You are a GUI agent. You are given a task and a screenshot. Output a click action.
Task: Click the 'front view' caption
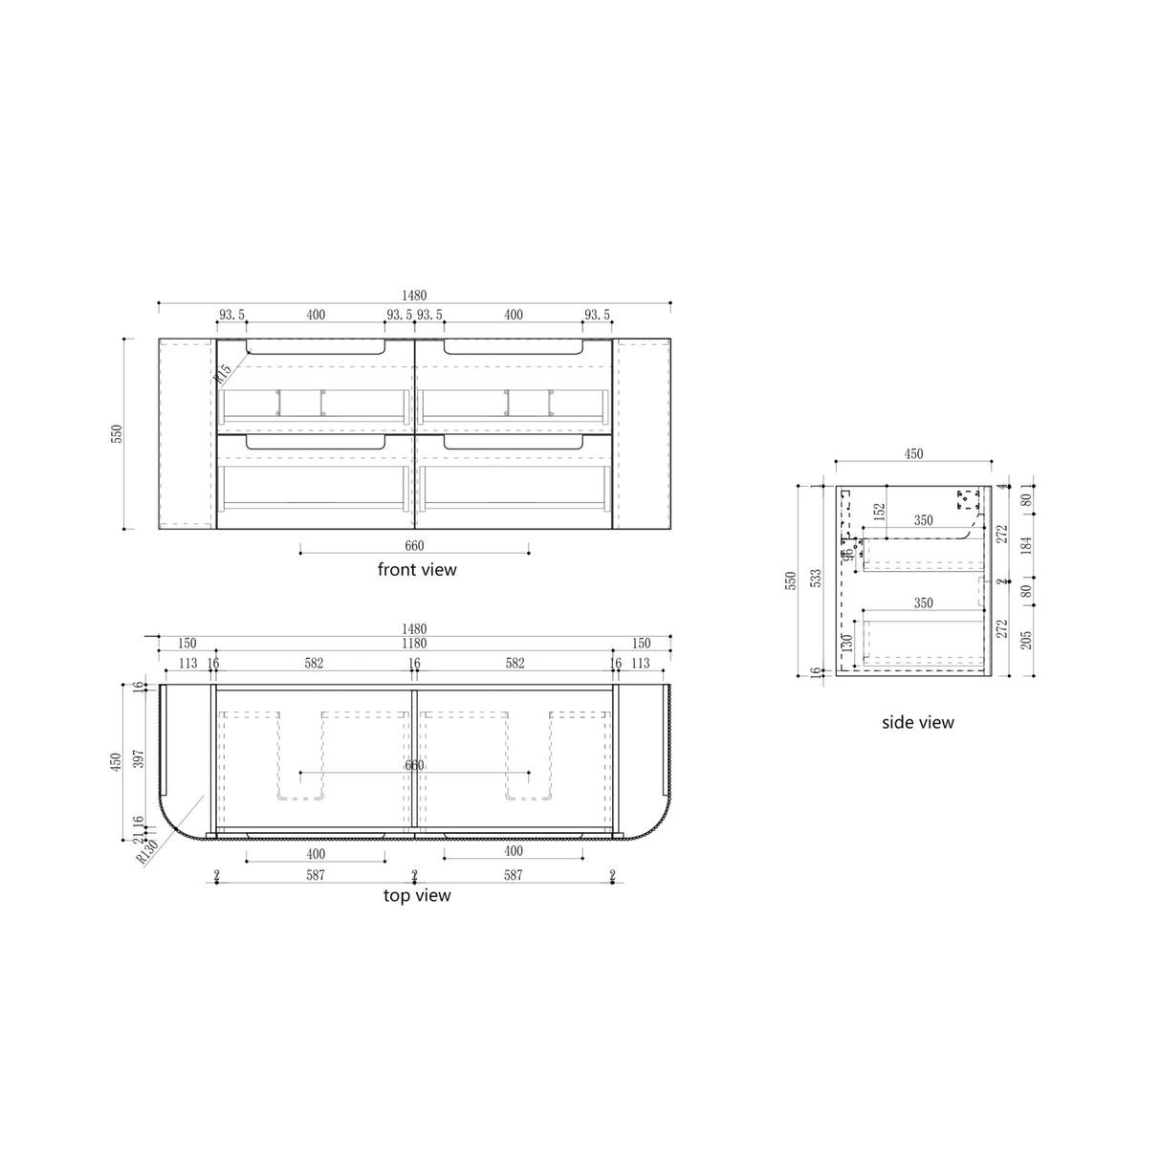point(417,570)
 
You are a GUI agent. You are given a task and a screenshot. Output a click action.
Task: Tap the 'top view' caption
point(417,895)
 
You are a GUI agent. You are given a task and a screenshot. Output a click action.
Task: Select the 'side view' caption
point(917,722)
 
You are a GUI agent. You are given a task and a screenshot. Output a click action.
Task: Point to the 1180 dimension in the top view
point(414,644)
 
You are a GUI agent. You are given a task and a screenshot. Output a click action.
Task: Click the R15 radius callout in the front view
point(224,373)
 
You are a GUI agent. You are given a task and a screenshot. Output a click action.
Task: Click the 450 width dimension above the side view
point(913,454)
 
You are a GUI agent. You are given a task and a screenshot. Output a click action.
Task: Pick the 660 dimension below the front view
point(414,546)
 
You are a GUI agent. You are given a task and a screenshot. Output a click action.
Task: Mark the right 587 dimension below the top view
point(514,874)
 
